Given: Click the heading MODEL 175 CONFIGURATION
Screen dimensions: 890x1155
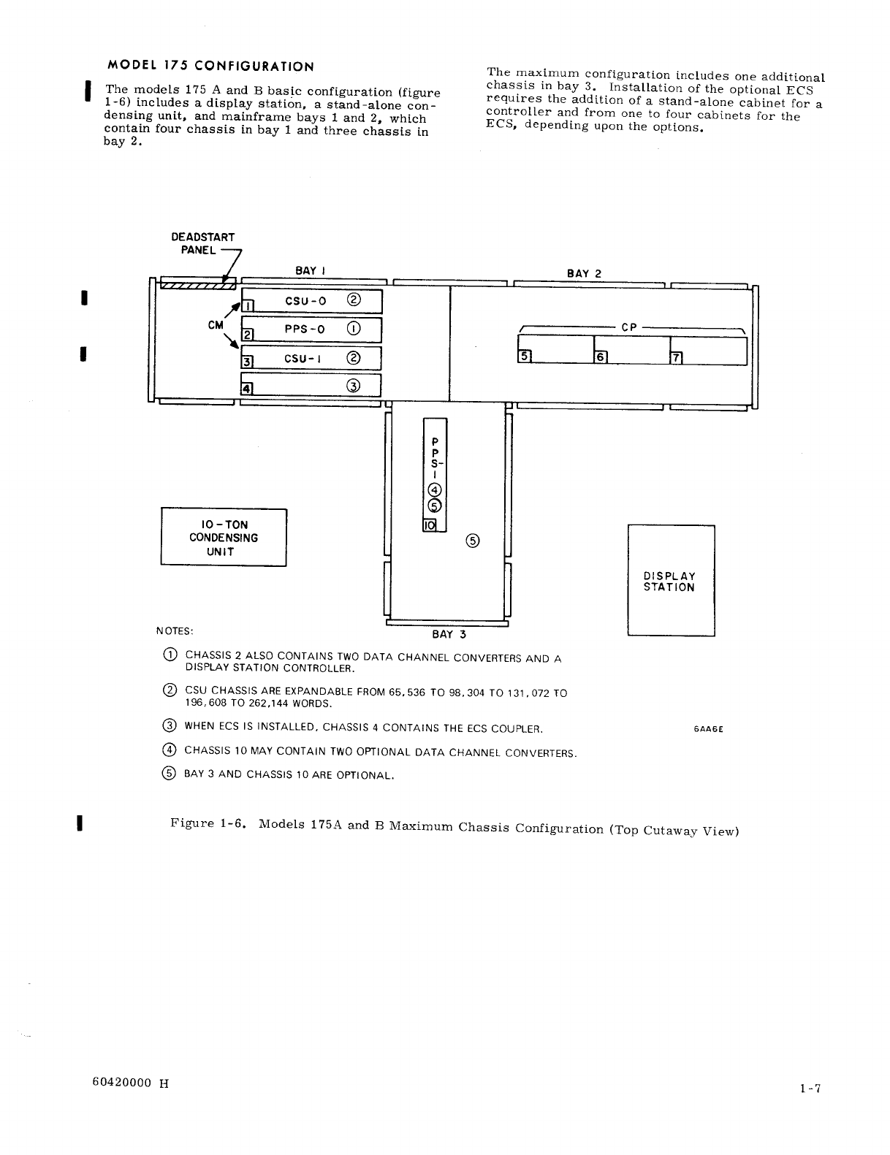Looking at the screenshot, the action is pyautogui.click(x=210, y=66).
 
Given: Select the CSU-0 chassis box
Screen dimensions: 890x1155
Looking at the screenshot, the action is pyautogui.click(x=312, y=301).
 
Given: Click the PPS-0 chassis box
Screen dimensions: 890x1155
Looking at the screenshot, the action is pyautogui.click(x=312, y=329).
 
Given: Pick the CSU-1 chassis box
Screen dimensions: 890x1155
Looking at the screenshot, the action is pyautogui.click(x=312, y=358).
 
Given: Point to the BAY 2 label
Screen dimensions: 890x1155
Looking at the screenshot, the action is pyautogui.click(x=584, y=274).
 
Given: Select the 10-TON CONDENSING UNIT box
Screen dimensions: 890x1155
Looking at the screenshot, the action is pyautogui.click(x=224, y=538).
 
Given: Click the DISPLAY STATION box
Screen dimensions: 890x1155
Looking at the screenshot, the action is pyautogui.click(x=671, y=582).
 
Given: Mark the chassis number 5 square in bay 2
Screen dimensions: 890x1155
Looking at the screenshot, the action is pyautogui.click(x=524, y=357).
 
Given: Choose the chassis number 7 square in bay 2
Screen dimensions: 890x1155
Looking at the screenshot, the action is pyautogui.click(x=676, y=357).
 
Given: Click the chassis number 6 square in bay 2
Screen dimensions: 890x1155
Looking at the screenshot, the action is pyautogui.click(x=601, y=357).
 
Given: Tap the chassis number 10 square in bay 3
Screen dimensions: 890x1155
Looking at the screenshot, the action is pyautogui.click(x=430, y=525).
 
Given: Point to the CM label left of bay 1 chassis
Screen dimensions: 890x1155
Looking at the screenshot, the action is pyautogui.click(x=216, y=326).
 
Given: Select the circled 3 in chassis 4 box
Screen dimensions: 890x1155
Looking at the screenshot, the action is pyautogui.click(x=354, y=386).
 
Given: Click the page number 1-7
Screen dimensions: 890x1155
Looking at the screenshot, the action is pyautogui.click(x=810, y=1089).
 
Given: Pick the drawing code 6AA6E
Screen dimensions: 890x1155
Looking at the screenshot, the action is pyautogui.click(x=707, y=729).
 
